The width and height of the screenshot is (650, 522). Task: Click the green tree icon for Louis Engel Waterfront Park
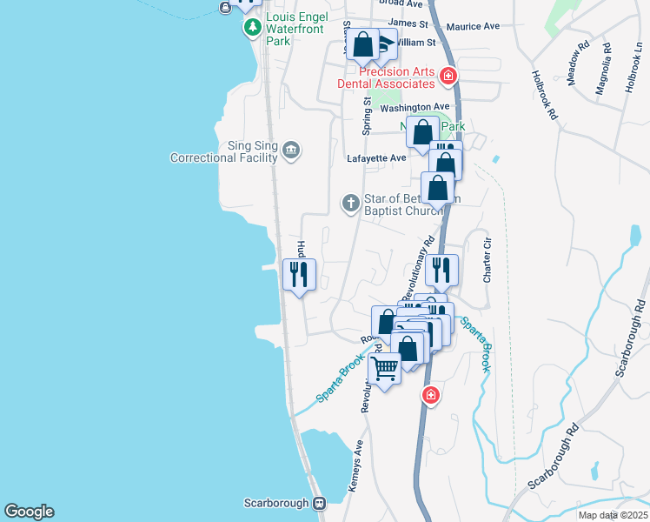tap(252, 28)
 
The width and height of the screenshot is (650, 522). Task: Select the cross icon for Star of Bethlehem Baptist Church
tap(350, 204)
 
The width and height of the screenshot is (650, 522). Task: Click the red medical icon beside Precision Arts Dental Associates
tap(448, 77)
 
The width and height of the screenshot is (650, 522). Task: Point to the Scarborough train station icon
tap(320, 503)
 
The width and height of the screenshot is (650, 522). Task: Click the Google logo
tap(29, 512)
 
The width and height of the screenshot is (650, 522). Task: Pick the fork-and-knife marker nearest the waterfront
tap(299, 275)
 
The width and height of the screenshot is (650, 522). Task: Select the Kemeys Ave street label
tap(356, 466)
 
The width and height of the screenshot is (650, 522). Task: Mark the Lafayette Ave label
tap(376, 158)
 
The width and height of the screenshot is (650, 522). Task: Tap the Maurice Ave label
tap(473, 26)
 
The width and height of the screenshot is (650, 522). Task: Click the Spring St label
tap(368, 116)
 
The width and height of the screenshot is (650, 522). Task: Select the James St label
tap(408, 23)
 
